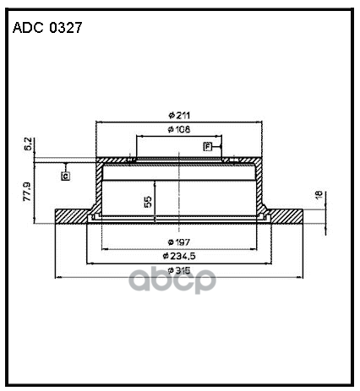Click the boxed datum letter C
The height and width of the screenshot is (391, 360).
64,175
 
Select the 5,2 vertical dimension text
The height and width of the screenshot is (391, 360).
28,145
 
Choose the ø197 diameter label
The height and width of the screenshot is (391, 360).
177,242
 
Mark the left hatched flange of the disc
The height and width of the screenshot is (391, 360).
71,216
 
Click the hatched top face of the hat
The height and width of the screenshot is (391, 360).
179,161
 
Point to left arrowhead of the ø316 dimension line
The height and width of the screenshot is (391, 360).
57,276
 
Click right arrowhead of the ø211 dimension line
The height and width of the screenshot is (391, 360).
259,122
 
